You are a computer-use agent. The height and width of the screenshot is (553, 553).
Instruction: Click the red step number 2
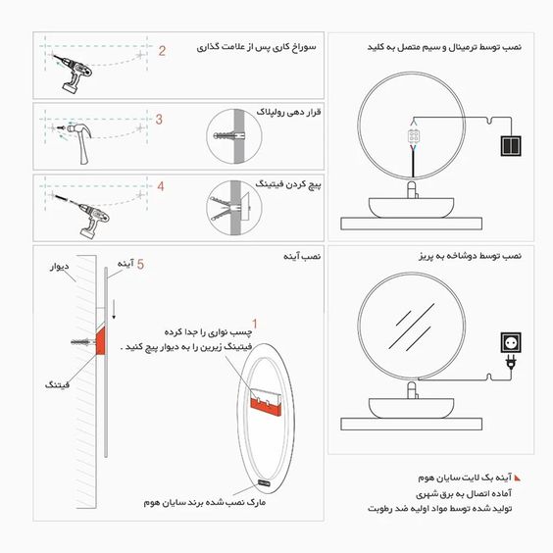tap(164, 50)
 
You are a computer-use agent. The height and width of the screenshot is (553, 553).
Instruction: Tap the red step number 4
tap(161, 185)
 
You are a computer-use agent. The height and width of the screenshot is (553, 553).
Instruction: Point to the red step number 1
tap(255, 323)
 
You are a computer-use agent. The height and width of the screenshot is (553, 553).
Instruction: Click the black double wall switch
tap(512, 145)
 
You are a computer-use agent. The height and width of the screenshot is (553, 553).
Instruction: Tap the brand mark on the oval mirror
tap(267, 482)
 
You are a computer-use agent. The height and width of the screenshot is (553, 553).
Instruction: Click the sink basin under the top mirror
tap(412, 207)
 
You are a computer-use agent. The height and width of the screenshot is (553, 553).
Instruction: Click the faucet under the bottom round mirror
tap(413, 389)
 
